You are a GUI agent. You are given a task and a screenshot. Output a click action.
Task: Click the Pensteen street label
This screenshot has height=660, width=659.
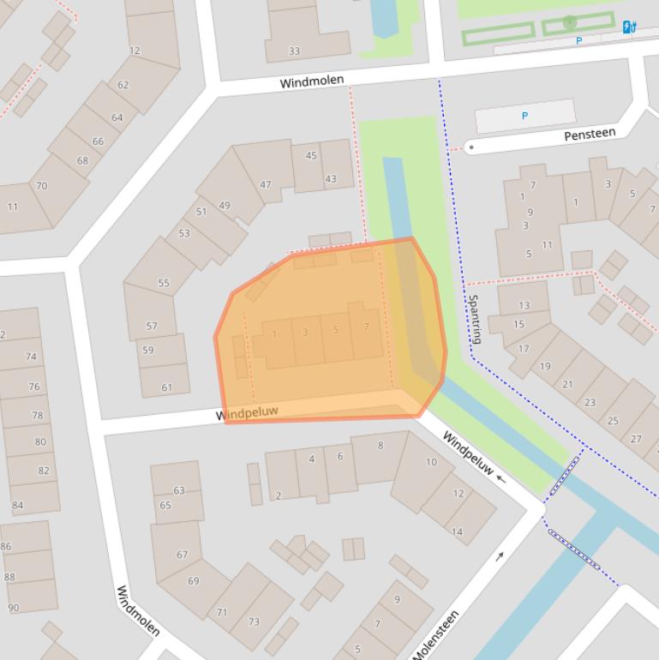(x=590, y=135)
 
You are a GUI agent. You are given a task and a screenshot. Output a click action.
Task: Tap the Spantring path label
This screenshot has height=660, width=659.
(x=474, y=319)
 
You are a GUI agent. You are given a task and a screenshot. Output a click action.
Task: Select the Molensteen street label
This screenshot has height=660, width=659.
(x=436, y=635)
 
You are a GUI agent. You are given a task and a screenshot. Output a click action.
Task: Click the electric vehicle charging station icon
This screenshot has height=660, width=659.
(x=630, y=27)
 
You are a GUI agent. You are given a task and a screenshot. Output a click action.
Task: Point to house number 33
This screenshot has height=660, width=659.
(x=294, y=51)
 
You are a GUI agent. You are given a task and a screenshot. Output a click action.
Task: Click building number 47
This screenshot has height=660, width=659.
(x=266, y=184)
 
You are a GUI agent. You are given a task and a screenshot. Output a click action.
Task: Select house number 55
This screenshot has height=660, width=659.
(x=164, y=282)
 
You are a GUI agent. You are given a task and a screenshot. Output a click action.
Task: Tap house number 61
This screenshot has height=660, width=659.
(x=167, y=387)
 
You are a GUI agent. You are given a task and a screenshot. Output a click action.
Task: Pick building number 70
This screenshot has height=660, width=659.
(x=41, y=185)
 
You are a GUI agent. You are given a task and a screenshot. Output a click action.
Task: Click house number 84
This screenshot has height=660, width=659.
(x=18, y=505)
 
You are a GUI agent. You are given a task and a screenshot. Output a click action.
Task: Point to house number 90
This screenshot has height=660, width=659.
(x=14, y=608)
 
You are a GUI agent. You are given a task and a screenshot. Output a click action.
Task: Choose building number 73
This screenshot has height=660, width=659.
(x=254, y=621)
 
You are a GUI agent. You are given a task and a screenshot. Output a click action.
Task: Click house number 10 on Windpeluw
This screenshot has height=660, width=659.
(x=431, y=462)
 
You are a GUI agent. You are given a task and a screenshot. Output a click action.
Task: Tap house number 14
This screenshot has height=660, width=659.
(x=457, y=531)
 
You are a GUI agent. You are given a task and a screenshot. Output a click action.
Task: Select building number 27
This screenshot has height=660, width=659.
(x=636, y=438)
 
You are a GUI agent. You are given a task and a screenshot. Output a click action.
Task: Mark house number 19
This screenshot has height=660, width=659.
(x=545, y=366)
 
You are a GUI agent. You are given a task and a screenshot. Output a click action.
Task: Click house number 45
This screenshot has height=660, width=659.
(x=311, y=156)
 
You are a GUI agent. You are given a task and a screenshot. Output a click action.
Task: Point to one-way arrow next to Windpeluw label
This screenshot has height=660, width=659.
(x=501, y=479)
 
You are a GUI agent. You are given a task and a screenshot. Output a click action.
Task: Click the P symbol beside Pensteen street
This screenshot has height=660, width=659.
(x=524, y=116)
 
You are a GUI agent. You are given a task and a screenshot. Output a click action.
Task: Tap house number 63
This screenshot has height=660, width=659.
(x=179, y=490)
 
